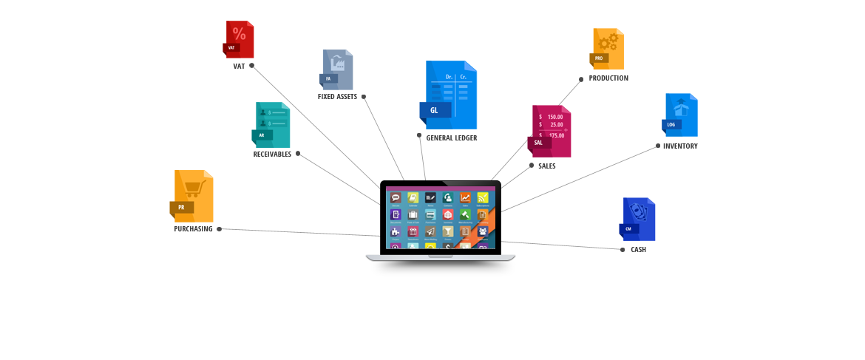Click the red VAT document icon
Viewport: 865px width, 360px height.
[x=240, y=40]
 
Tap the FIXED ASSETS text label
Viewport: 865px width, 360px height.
[x=337, y=97]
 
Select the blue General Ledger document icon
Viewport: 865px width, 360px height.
[x=451, y=95]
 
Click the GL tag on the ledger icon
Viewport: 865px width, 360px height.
[x=434, y=111]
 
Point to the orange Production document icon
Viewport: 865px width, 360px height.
[x=608, y=49]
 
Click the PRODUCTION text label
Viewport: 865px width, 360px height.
[x=608, y=78]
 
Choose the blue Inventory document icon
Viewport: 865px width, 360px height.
[x=681, y=115]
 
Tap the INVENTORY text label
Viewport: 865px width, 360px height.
[x=680, y=146]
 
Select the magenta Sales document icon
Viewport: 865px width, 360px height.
[x=552, y=132]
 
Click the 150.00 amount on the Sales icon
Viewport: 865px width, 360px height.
[x=554, y=117]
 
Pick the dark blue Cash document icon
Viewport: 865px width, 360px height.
[x=638, y=220]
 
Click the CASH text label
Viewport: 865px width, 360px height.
[x=638, y=250]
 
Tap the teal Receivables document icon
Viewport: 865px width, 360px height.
[x=272, y=125]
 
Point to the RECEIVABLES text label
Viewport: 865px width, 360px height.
[x=272, y=154]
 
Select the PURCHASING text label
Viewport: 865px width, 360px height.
[x=193, y=229]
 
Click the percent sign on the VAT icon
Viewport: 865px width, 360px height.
[x=240, y=33]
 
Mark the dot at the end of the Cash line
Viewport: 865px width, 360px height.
[x=623, y=250]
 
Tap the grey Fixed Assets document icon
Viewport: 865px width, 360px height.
[x=338, y=69]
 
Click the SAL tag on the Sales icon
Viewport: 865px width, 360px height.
[x=538, y=143]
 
